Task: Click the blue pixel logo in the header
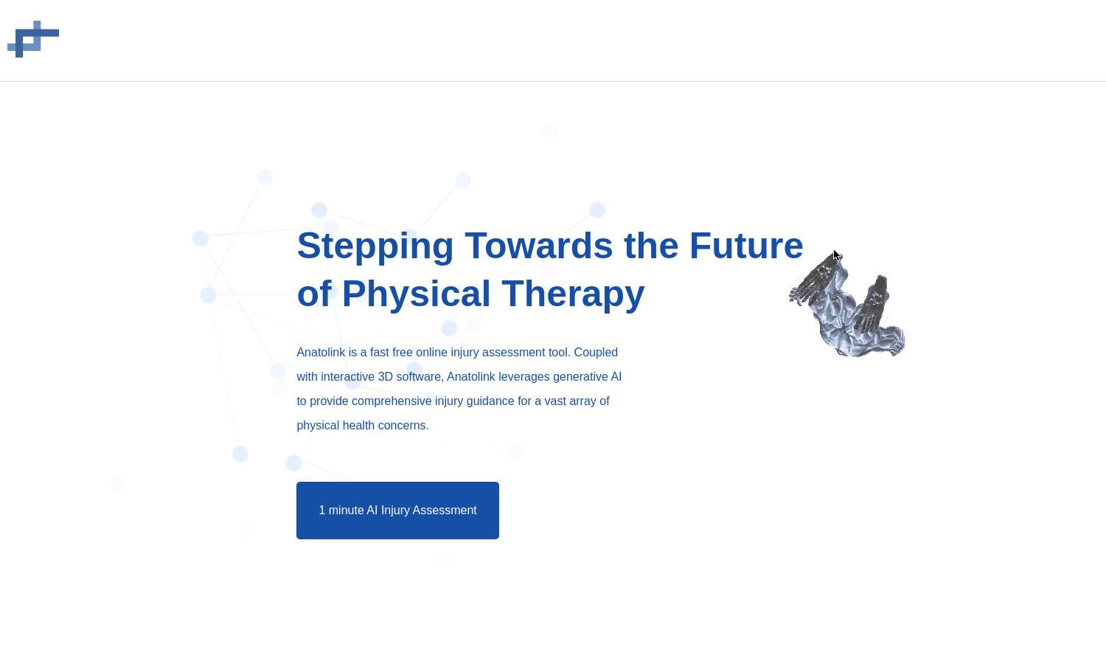click(33, 39)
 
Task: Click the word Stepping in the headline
click(375, 246)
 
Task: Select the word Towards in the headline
click(539, 246)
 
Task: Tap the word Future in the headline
click(746, 246)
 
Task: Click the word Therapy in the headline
click(573, 294)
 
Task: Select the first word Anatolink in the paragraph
click(321, 352)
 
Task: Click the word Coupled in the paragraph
click(596, 353)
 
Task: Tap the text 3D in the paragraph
click(385, 376)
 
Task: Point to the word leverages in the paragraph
click(524, 377)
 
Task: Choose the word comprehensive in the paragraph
click(392, 401)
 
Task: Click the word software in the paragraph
click(420, 377)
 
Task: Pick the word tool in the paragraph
click(560, 352)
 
